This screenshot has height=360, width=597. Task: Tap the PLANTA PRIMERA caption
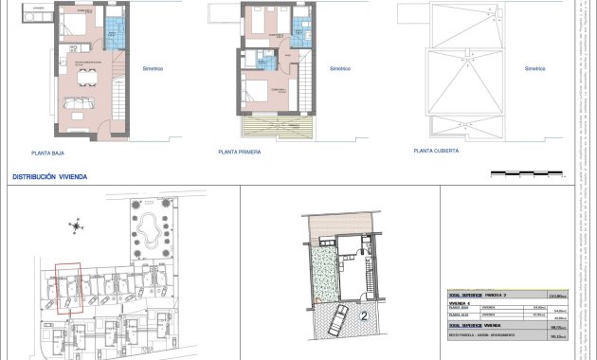(239, 151)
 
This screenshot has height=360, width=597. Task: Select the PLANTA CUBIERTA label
(436, 150)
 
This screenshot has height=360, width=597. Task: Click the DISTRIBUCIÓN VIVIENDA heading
(48, 177)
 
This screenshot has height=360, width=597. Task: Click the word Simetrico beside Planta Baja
(154, 68)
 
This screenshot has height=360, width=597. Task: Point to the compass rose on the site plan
(75, 225)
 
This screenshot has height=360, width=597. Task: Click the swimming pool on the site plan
(149, 226)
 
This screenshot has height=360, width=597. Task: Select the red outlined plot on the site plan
(68, 287)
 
